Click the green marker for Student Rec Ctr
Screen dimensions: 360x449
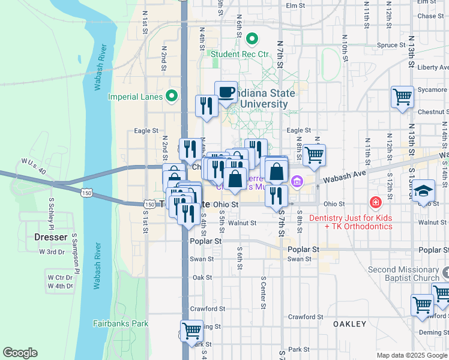tap(252, 40)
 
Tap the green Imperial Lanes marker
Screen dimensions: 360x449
tap(172, 96)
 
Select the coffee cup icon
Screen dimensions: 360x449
tap(226, 92)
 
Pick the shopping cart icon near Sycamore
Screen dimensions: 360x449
tap(402, 97)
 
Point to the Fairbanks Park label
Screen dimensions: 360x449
tap(120, 323)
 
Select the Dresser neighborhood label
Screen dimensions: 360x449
tap(51, 237)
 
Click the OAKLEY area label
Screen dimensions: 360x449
tap(349, 324)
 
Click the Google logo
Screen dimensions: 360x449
tap(20, 353)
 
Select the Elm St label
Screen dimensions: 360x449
tap(297, 5)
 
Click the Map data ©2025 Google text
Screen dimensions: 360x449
tap(411, 355)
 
